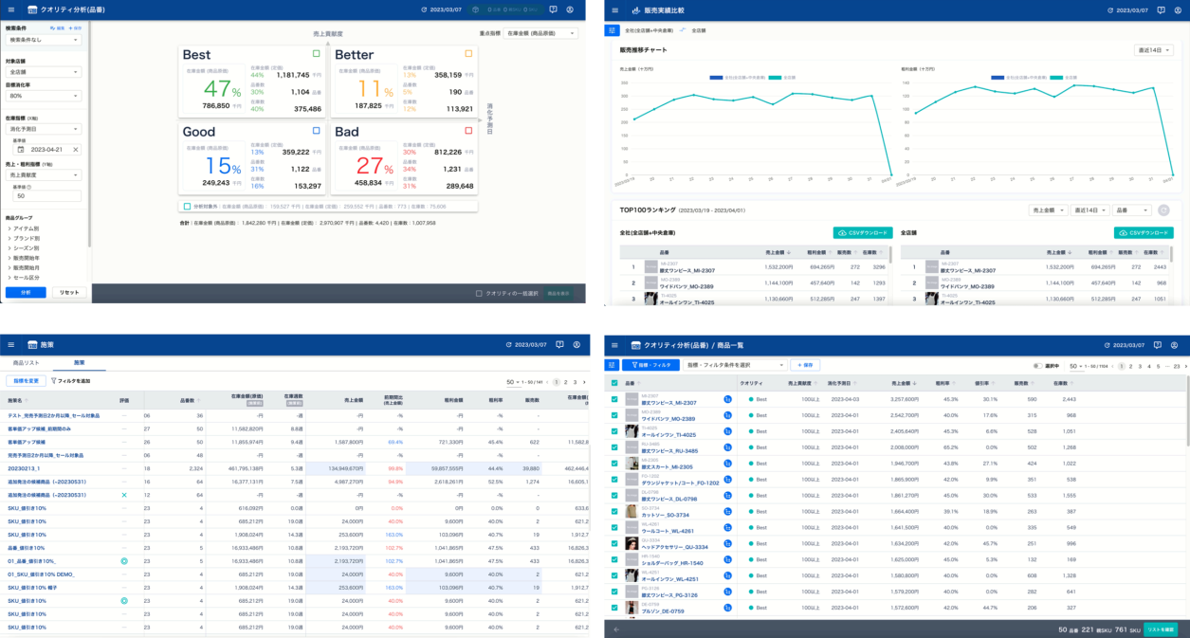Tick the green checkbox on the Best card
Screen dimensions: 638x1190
point(316,54)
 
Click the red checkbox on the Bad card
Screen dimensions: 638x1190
point(468,130)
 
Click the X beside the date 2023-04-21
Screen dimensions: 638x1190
point(76,150)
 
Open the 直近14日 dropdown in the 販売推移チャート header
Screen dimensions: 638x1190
point(1153,50)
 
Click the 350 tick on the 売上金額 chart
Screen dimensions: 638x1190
point(625,82)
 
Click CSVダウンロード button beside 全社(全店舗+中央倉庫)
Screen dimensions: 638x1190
point(861,232)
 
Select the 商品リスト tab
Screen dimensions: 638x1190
point(27,363)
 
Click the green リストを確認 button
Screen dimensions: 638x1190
point(1160,629)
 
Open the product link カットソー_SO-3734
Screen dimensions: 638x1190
point(666,516)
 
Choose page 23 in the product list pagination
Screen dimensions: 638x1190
point(1177,365)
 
